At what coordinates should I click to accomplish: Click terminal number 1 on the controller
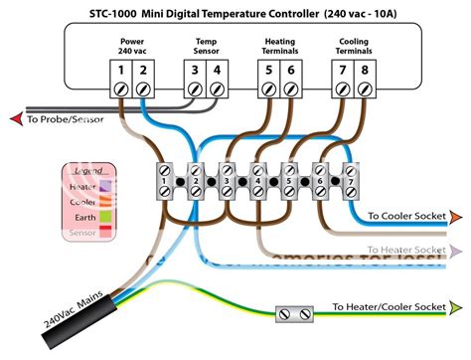(x=120, y=72)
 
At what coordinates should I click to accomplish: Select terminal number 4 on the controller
(x=219, y=72)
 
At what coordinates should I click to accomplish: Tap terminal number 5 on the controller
(x=267, y=72)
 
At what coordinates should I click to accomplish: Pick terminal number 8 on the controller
(x=366, y=72)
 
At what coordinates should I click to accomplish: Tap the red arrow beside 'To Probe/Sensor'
(x=14, y=119)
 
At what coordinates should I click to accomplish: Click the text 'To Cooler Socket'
(x=406, y=216)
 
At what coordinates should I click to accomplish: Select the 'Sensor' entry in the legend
(x=83, y=231)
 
